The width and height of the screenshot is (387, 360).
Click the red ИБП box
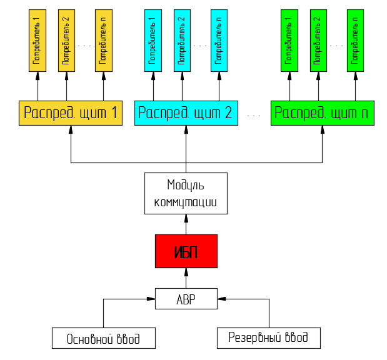(186, 251)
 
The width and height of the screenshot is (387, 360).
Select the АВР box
(186, 299)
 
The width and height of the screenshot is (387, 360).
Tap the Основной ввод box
(103, 338)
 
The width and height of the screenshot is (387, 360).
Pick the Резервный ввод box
(268, 337)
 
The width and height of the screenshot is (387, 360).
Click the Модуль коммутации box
(186, 194)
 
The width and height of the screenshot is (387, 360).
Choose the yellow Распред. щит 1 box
(70, 113)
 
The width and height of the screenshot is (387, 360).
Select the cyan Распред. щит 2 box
(186, 113)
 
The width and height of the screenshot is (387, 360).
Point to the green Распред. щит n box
(322, 113)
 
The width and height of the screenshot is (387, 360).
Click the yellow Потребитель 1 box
(38, 40)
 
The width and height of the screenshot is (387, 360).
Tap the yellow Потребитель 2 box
(66, 40)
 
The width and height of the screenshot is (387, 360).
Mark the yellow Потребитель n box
(104, 40)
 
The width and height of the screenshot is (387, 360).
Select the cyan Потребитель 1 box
(152, 40)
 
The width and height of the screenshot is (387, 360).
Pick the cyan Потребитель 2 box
(182, 40)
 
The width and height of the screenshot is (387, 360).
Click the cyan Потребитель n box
(219, 40)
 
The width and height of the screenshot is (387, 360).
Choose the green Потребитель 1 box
(289, 40)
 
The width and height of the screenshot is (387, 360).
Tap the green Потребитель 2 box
(318, 40)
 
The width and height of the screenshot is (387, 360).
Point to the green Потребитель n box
(356, 40)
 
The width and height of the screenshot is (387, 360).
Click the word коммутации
(186, 202)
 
